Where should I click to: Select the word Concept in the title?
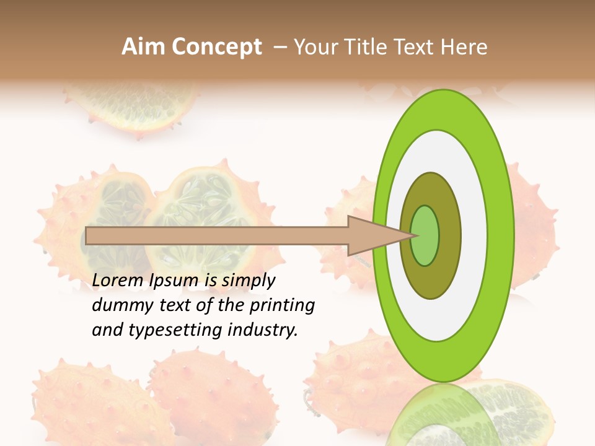(x=217, y=47)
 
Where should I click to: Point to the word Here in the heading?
(x=464, y=47)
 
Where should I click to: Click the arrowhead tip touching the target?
(x=412, y=235)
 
